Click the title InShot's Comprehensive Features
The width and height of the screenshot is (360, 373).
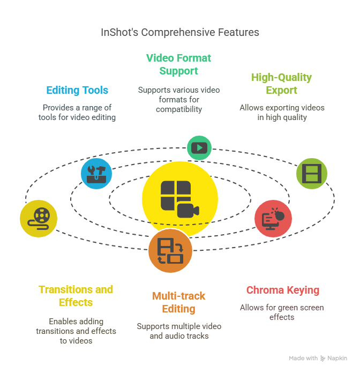tap(180, 32)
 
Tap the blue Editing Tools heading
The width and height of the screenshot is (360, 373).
tap(77, 90)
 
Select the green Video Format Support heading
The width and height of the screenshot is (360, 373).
tap(178, 64)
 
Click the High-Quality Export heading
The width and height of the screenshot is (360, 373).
tap(282, 84)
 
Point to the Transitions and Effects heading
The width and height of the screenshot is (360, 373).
tap(76, 296)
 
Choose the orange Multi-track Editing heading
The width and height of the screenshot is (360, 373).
tap(178, 302)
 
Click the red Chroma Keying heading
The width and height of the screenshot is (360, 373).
tap(283, 290)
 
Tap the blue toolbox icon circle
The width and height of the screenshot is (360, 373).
tap(96, 174)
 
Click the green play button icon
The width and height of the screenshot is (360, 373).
tap(199, 148)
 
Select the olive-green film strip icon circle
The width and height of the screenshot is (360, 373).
tap(312, 174)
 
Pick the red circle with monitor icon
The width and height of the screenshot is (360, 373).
tap(273, 219)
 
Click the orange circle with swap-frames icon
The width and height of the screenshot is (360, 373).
tap(170, 251)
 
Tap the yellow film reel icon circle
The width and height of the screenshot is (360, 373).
tap(39, 219)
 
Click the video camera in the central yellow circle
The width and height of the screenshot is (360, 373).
tap(188, 211)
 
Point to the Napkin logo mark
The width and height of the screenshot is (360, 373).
tap(322, 358)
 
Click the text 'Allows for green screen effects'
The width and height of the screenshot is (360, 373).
tap(282, 312)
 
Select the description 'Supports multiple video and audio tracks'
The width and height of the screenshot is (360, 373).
tap(179, 331)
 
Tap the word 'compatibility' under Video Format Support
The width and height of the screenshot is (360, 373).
tap(179, 109)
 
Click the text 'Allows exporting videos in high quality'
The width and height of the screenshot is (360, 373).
tap(282, 113)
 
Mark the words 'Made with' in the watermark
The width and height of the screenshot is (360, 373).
tap(303, 358)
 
